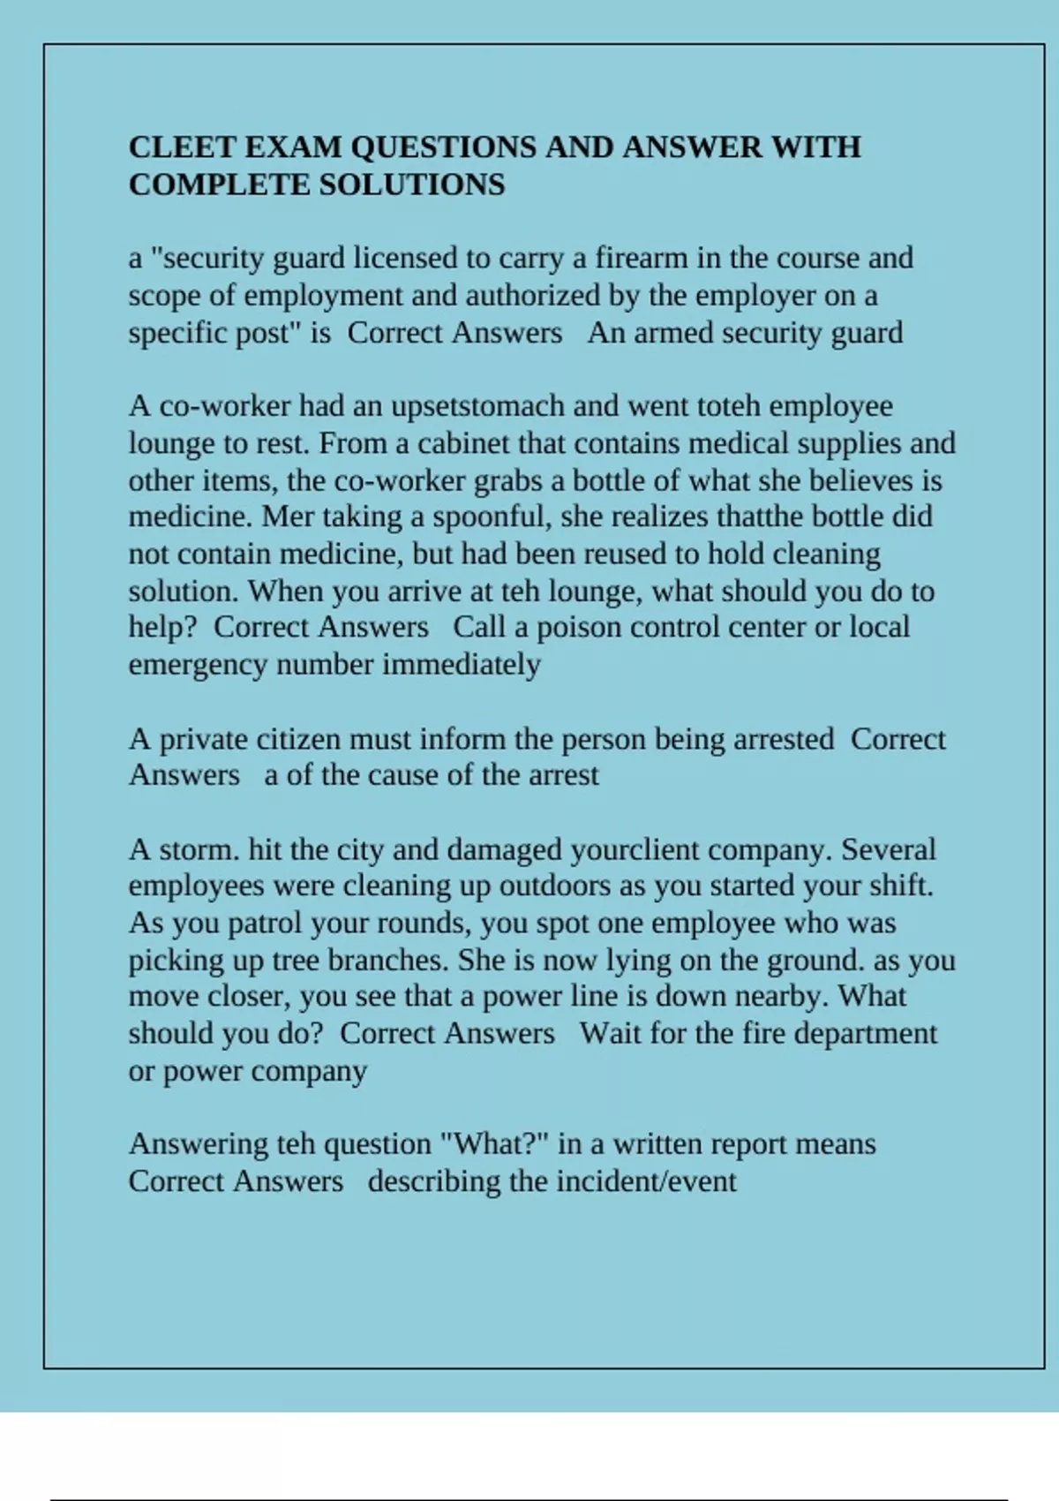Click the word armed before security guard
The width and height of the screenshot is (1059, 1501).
pyautogui.click(x=673, y=333)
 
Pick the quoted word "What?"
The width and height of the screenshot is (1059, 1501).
pyautogui.click(x=495, y=1144)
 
